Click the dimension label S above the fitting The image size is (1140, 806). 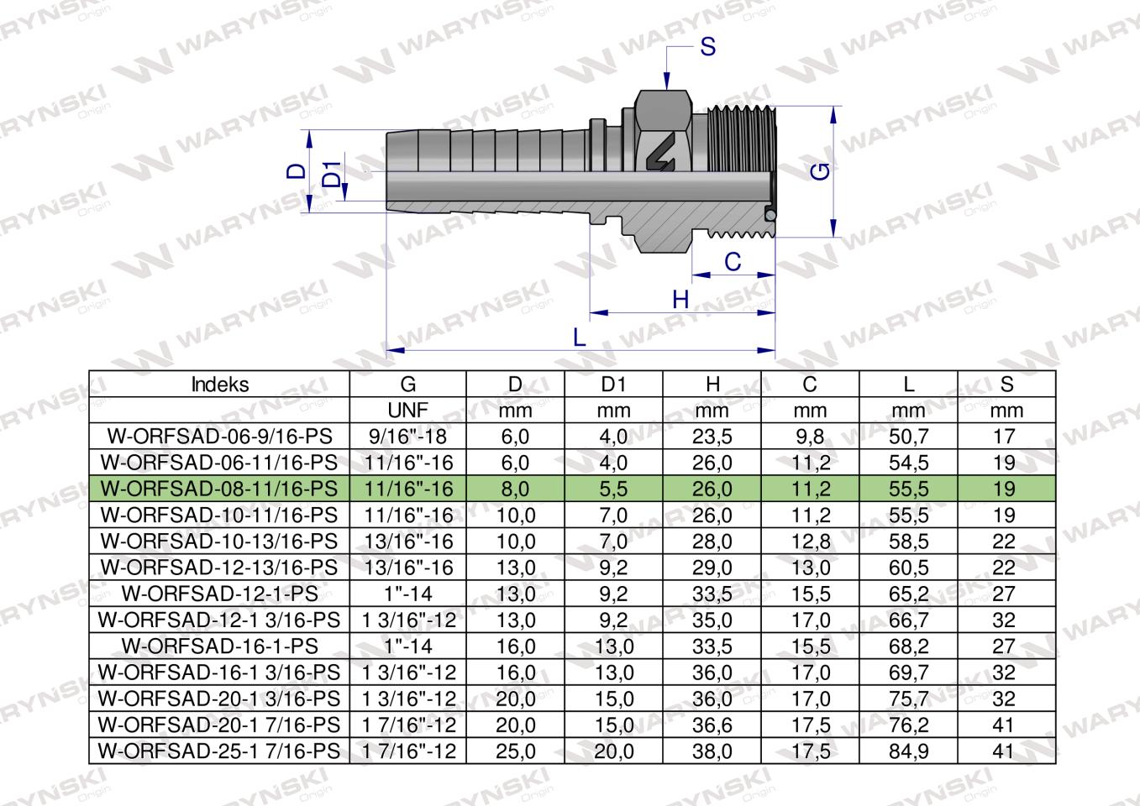tap(707, 47)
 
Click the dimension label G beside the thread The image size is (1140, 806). tap(822, 171)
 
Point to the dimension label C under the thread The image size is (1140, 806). tap(733, 262)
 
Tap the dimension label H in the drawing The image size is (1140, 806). tap(680, 300)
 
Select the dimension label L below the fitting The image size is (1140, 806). tap(579, 338)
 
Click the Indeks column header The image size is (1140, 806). tap(219, 385)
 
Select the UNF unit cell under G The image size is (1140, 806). tap(407, 411)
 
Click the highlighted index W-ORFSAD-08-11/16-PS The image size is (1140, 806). tap(219, 489)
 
